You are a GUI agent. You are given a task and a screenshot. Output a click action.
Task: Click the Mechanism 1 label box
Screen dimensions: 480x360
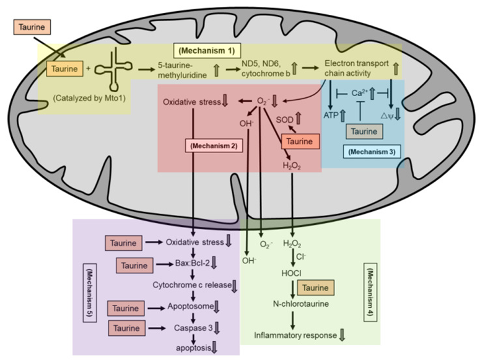coord(207,51)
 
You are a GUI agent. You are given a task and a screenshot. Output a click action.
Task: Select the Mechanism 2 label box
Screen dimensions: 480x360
coord(214,146)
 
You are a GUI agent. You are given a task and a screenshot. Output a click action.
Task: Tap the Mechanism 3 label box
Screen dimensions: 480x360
coord(372,151)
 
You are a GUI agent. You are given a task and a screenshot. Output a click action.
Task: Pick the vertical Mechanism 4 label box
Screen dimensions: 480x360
coord(370,292)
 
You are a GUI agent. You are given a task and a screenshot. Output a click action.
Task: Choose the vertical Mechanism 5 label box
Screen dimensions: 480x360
coord(90,292)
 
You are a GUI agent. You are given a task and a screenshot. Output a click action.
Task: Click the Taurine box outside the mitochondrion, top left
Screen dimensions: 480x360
coord(32,27)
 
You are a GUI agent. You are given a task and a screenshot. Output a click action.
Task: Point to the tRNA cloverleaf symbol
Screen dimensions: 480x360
coord(113,69)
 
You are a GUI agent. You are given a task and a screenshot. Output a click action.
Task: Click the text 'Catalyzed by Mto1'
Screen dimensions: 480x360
coord(89,99)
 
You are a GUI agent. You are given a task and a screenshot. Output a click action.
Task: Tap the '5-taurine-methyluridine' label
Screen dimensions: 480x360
coord(182,70)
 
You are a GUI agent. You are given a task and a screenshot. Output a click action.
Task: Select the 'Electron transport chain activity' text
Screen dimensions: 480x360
coord(356,68)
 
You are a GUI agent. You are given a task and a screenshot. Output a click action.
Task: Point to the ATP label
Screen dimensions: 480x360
coord(331,115)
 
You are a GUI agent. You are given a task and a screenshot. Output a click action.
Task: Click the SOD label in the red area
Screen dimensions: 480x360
coord(284,120)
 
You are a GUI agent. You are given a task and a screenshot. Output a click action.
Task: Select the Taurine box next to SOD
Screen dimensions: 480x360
coord(300,141)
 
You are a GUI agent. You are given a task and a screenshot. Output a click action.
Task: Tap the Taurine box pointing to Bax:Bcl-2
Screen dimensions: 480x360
coord(134,265)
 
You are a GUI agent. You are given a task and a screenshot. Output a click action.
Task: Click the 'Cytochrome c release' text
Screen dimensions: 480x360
coord(192,285)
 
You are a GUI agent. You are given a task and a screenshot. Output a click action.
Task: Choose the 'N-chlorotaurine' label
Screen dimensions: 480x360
coord(301,304)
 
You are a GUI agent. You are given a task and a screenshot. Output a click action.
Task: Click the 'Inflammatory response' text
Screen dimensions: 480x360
coord(295,335)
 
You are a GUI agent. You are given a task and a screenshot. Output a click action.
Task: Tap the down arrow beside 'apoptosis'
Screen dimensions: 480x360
coord(214,348)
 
